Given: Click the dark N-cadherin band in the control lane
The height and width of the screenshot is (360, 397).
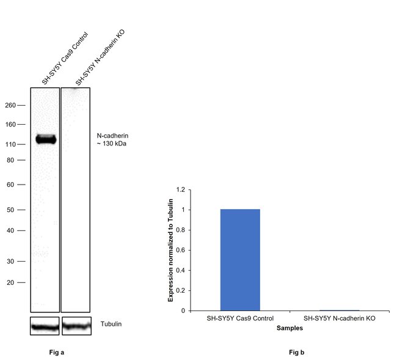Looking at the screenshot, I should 45,139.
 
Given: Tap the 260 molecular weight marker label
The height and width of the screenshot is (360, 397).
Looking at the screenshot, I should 10,105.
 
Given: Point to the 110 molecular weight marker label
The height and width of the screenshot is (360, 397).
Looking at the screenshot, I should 10,144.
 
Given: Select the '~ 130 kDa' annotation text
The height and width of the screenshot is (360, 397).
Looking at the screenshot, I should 112,144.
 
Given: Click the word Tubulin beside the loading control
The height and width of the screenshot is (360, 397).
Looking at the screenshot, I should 111,323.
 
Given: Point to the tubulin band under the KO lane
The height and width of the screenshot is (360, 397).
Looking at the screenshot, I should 75,326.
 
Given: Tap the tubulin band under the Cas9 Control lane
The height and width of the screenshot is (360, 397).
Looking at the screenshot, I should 45,327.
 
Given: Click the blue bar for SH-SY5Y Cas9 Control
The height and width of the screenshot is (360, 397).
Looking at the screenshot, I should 240,260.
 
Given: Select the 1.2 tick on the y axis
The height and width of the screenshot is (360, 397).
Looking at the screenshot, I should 180,190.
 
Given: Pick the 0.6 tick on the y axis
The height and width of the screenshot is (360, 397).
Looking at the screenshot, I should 180,250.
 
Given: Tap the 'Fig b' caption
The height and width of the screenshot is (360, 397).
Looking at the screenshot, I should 297,353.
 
